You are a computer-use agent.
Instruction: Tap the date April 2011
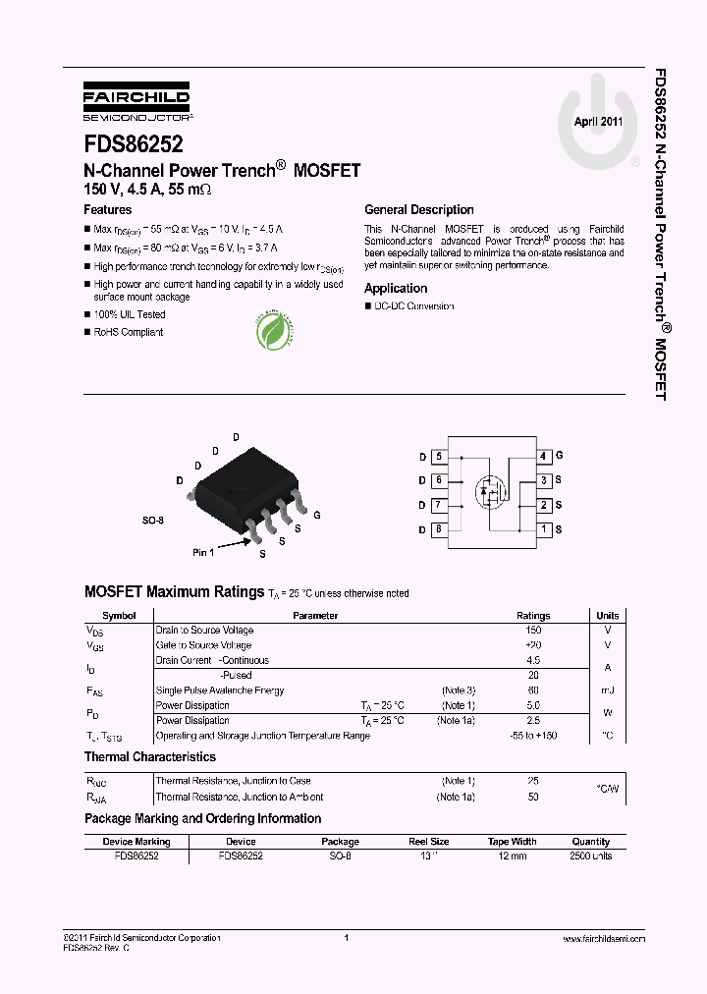click(598, 122)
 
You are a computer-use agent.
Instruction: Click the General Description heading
click(418, 210)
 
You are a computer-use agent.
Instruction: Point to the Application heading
click(396, 289)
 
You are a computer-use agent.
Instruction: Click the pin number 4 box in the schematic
click(543, 457)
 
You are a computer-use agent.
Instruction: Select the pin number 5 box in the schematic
click(438, 457)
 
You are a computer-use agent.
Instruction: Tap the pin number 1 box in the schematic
click(543, 529)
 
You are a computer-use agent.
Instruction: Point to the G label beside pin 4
click(559, 456)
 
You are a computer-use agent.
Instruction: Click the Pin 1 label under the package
click(203, 553)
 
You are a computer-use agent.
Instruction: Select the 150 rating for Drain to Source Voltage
click(533, 631)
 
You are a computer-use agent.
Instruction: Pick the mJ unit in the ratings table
click(607, 690)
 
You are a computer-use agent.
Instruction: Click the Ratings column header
click(533, 616)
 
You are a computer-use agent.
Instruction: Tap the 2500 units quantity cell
click(590, 856)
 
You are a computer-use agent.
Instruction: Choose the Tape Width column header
click(512, 842)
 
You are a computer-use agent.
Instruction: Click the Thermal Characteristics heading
click(150, 757)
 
